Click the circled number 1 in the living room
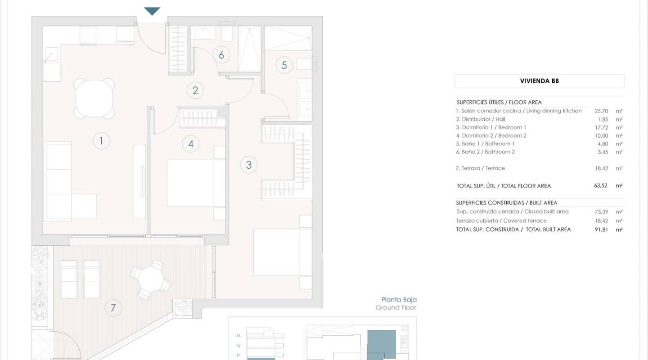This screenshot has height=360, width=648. click(x=101, y=141)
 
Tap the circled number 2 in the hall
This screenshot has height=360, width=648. click(x=195, y=90)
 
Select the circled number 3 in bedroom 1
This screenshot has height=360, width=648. click(x=249, y=165)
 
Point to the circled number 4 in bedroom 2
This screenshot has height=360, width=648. click(x=191, y=144)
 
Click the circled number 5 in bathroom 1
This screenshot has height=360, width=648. click(x=284, y=65)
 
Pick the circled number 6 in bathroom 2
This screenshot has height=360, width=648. click(x=221, y=55)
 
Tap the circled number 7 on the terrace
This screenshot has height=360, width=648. click(x=113, y=308)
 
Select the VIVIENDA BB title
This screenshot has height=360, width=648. click(x=539, y=81)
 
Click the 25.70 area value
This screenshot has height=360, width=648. click(x=601, y=111)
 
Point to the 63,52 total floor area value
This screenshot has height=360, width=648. click(x=601, y=185)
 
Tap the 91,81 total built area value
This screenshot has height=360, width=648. click(x=601, y=229)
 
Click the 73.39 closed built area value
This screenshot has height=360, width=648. click(x=601, y=211)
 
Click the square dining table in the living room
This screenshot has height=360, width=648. click(x=94, y=98)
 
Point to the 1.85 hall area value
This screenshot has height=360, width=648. click(x=601, y=119)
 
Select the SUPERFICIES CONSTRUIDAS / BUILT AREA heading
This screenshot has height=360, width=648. click(x=506, y=203)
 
